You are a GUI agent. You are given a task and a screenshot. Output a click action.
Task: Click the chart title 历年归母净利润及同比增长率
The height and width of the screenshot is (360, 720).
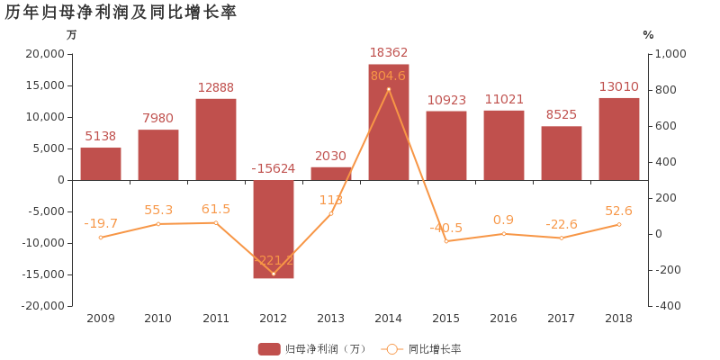point(121,13)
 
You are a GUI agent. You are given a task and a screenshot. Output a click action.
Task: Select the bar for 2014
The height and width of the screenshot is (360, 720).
point(389,121)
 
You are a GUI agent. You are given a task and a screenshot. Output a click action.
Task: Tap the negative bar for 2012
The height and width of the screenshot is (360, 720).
point(274,229)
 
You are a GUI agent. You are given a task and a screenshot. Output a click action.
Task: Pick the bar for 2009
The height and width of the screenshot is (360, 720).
point(101,164)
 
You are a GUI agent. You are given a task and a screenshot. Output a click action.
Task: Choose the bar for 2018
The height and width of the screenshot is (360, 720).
point(619,139)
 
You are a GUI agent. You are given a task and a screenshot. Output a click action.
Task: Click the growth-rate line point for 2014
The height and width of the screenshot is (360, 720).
point(389,89)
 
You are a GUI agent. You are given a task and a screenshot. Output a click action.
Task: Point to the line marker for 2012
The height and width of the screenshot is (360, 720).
point(274,274)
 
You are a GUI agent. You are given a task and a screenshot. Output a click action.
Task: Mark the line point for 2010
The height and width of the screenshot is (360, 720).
point(158,224)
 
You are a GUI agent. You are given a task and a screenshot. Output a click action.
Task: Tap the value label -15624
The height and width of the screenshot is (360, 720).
point(274,168)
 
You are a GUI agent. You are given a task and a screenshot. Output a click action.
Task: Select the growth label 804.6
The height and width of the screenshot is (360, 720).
point(389,76)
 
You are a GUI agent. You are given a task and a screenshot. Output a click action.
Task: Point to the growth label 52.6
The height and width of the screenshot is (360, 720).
point(619,211)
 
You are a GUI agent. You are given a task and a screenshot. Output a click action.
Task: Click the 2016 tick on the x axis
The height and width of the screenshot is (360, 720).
point(504,319)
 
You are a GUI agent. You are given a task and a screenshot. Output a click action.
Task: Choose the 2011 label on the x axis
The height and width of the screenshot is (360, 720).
point(216,319)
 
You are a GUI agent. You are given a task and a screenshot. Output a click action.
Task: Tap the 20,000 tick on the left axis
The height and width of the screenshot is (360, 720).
point(45,54)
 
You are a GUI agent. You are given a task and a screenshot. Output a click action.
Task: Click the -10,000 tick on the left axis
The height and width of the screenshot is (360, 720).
point(42,243)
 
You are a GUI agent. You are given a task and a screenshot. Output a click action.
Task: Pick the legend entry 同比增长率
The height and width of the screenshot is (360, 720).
point(423,349)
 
